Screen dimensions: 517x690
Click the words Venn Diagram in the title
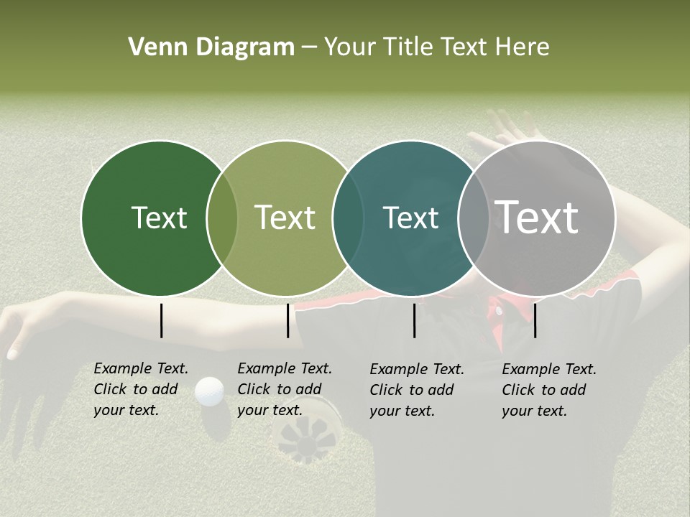[x=211, y=47]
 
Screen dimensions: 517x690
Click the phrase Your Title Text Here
[x=436, y=47]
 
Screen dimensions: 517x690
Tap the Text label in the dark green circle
[x=159, y=218]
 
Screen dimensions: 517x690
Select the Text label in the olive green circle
[x=285, y=218]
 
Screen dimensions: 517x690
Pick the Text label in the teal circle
[x=411, y=218]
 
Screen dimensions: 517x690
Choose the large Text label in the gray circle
[x=537, y=218]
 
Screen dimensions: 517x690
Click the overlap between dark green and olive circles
[x=222, y=218]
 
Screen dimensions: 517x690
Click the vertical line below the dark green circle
[x=161, y=320]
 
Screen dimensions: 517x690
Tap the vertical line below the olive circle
[x=287, y=320]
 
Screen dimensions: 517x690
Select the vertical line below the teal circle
[x=414, y=320]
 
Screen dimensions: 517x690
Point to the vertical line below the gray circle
[x=535, y=320]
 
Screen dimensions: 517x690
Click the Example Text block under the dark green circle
[x=141, y=389]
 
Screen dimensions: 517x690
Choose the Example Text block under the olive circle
[x=285, y=389]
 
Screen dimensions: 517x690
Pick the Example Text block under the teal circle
[x=417, y=390]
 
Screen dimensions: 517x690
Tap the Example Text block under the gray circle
[x=549, y=390]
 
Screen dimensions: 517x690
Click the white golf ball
[x=210, y=391]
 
